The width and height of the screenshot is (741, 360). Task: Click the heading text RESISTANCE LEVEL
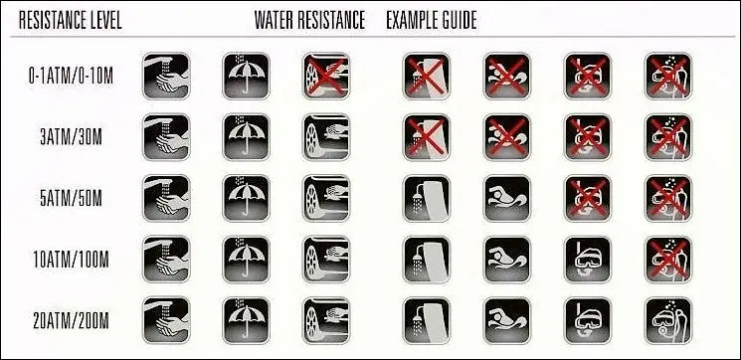click(70, 20)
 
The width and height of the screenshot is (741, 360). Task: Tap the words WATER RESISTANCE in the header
click(309, 20)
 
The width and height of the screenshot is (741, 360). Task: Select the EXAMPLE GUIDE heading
click(432, 20)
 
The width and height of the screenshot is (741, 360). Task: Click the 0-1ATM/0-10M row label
click(71, 76)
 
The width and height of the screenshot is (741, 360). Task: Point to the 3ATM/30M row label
click(71, 137)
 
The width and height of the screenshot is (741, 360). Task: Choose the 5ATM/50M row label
click(71, 199)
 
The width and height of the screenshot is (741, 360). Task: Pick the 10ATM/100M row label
click(71, 260)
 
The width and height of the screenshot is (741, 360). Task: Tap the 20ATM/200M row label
click(71, 321)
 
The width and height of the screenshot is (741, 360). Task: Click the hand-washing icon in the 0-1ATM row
click(166, 76)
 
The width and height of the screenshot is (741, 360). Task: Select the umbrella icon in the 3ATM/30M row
click(247, 137)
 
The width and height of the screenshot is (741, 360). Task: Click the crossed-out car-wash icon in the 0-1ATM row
click(326, 76)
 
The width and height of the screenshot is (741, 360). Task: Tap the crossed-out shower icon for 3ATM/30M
click(427, 137)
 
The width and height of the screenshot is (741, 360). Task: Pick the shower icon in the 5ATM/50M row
click(427, 199)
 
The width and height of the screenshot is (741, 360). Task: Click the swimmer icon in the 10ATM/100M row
click(507, 260)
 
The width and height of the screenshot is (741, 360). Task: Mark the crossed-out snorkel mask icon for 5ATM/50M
click(588, 199)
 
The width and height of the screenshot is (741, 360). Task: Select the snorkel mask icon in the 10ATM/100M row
click(588, 260)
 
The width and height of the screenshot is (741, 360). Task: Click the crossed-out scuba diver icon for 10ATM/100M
click(668, 260)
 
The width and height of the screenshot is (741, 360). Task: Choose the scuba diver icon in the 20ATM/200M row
click(668, 321)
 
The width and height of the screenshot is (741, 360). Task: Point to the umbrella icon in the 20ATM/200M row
click(247, 321)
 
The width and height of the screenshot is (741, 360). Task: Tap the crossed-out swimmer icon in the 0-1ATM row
click(507, 76)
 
